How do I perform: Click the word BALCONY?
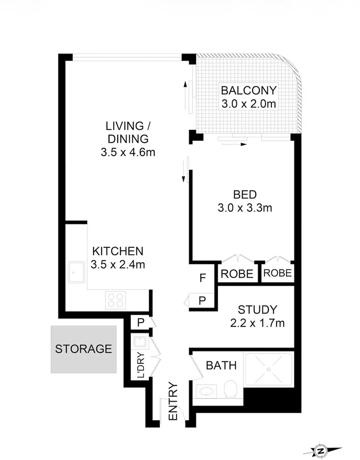[x=249, y=90]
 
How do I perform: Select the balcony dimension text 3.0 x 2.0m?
[x=249, y=104]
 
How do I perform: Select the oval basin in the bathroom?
[x=205, y=392]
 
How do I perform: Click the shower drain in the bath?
[x=269, y=369]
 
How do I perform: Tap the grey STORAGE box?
[x=83, y=349]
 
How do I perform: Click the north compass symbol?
[x=320, y=450]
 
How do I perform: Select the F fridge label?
[x=202, y=279]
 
